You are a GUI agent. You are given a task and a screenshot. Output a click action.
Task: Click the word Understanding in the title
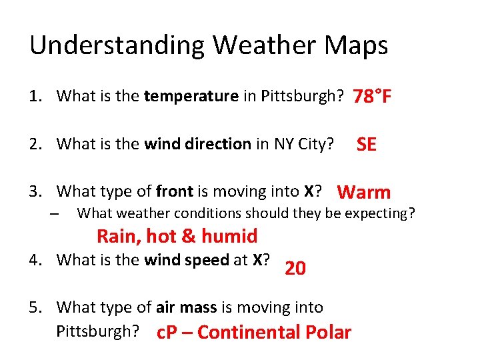pos(117,46)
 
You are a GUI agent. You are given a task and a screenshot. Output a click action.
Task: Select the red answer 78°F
pos(372,97)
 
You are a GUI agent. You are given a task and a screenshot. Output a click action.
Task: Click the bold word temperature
pos(191,96)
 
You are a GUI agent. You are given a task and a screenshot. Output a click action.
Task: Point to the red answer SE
pos(367,145)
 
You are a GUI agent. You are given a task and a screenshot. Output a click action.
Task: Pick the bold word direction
pos(218,144)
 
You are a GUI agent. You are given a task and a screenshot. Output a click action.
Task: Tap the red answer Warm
pos(364,193)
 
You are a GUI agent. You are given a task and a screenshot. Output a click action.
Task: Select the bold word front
pos(175,192)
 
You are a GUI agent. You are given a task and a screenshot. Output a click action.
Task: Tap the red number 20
pos(295,269)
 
